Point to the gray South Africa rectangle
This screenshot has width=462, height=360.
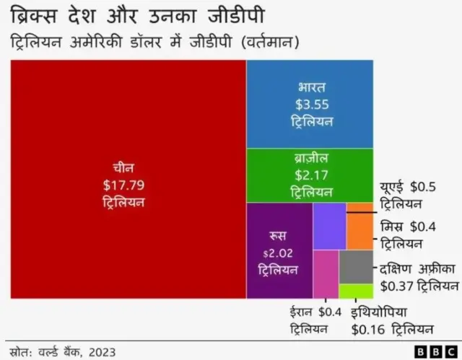[356, 267]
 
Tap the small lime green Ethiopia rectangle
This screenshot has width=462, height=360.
[356, 291]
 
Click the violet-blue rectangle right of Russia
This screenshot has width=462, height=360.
[329, 226]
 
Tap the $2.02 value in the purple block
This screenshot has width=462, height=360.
[279, 253]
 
